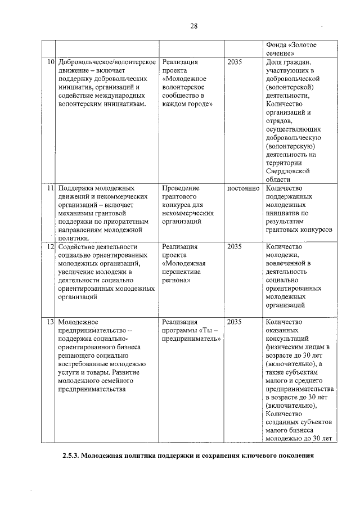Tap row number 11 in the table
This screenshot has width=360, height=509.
pyautogui.click(x=51, y=188)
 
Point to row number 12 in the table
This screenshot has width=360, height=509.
pyautogui.click(x=51, y=246)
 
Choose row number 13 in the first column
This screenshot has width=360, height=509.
pyautogui.click(x=51, y=322)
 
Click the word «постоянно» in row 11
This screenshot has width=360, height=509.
pyautogui.click(x=243, y=188)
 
